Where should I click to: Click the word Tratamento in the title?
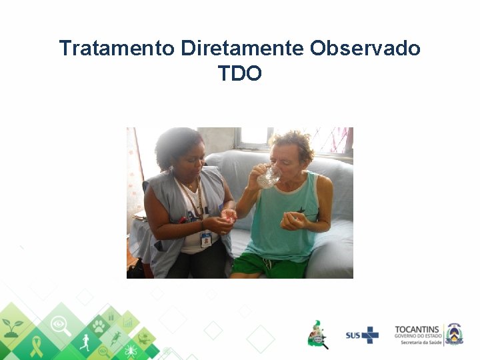tap(117, 49)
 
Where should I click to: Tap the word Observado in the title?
tap(365, 49)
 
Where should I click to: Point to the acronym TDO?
tap(240, 73)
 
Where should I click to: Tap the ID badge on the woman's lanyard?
tap(206, 239)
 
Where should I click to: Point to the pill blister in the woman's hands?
tap(229, 215)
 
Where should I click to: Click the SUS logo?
tap(362, 335)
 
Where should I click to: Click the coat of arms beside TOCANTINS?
tap(454, 333)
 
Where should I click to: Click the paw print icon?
tap(99, 326)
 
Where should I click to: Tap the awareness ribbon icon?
tap(37, 346)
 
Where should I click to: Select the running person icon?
tap(85, 343)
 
